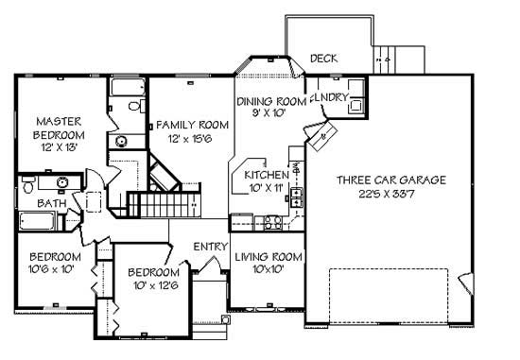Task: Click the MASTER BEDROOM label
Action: point(58,127)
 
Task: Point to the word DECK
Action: point(324,59)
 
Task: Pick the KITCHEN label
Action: point(267,176)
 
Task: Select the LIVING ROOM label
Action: point(268,257)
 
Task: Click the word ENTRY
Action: point(210,247)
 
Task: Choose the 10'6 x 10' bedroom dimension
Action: point(54,268)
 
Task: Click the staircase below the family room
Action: point(165,204)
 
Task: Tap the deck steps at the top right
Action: point(385,59)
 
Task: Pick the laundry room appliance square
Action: point(355,105)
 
